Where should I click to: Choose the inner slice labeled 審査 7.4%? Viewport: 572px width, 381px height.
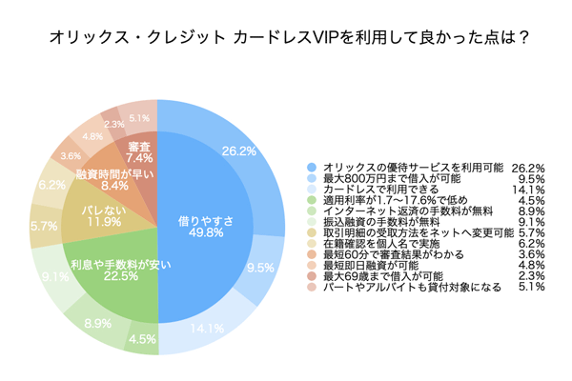tap(138, 152)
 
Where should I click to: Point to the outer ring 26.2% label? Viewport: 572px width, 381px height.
tap(238, 150)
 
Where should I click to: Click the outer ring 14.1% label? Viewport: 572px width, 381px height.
tap(209, 331)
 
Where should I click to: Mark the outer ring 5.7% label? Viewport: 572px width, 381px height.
tap(44, 227)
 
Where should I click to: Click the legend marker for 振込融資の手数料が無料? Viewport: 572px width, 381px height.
tap(311, 222)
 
